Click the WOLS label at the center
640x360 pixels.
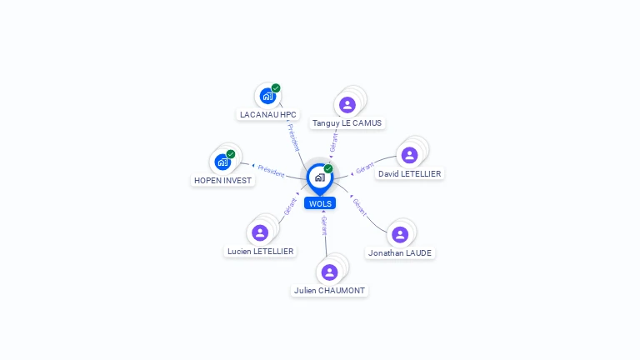320,203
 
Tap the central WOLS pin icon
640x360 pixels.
320,178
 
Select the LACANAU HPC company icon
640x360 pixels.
267,97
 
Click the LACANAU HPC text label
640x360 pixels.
268,115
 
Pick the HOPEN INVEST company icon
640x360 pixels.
222,162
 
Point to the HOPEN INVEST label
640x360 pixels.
222,180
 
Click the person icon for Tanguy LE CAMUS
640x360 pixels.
347,105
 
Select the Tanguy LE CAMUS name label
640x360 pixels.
347,123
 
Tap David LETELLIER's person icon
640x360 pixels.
409,155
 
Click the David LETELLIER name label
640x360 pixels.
409,174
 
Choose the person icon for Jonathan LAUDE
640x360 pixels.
400,235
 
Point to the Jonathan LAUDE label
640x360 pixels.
400,253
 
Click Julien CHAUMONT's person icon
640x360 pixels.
329,272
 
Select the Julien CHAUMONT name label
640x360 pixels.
329,291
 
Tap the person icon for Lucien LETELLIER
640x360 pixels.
260,233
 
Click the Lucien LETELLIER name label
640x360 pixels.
260,252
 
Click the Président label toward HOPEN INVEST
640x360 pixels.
271,172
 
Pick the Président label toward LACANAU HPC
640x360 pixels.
293,137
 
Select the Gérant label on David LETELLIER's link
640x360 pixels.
365,167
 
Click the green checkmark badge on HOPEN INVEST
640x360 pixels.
231,154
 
